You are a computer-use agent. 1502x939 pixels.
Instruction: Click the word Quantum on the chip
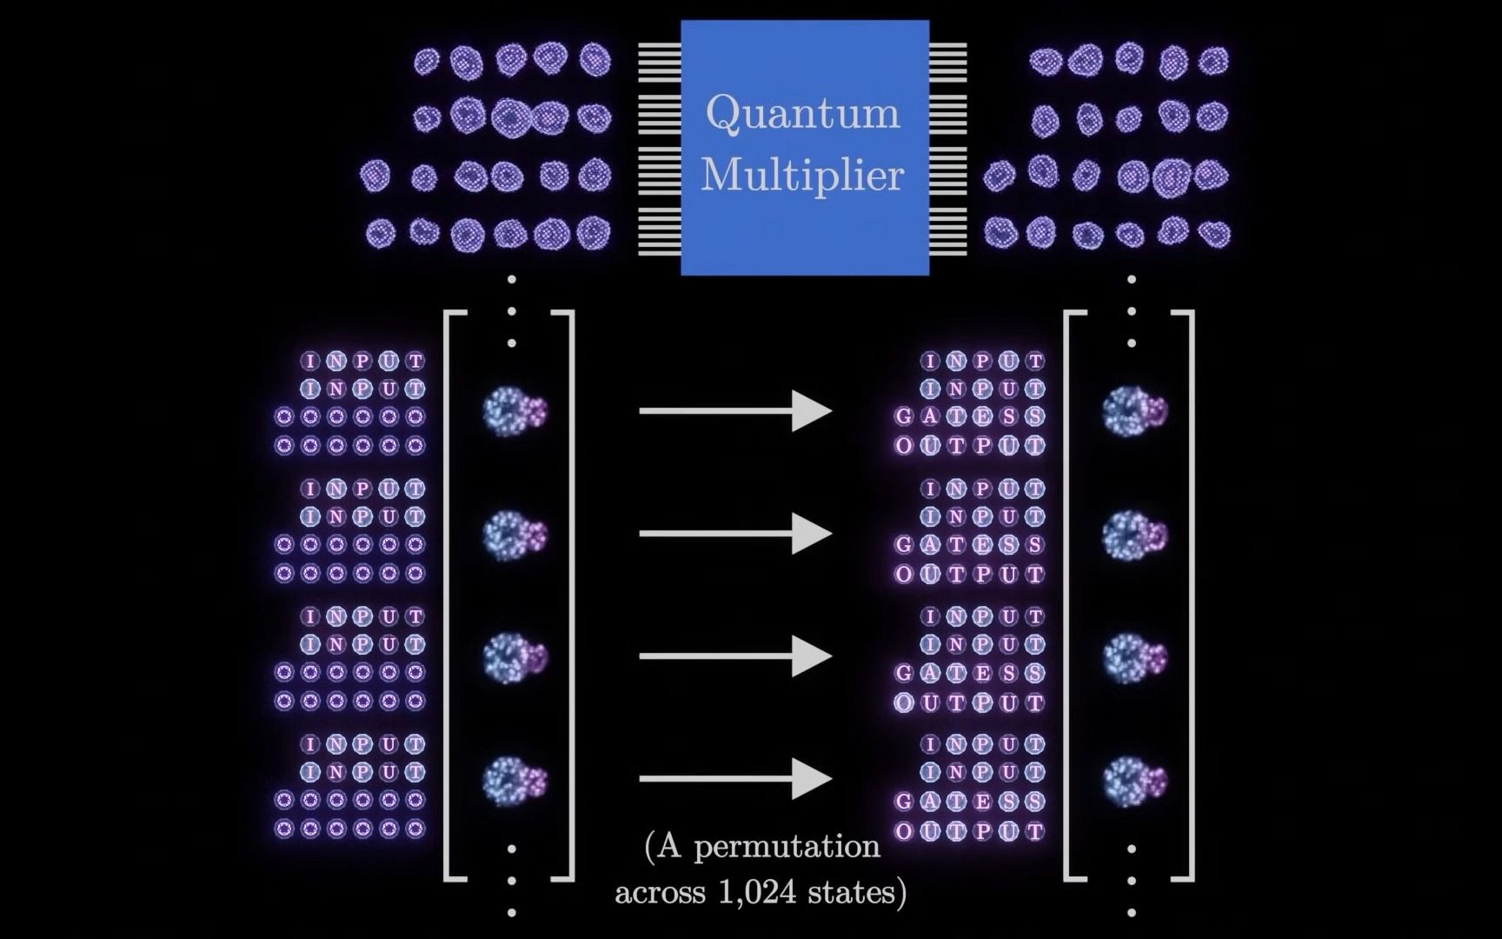click(x=802, y=113)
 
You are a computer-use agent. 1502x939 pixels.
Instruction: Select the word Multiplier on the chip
click(x=802, y=175)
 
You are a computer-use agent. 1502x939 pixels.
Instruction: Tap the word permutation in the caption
click(x=787, y=846)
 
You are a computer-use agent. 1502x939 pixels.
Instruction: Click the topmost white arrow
click(x=735, y=411)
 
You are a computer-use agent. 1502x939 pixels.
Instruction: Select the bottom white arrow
click(x=735, y=779)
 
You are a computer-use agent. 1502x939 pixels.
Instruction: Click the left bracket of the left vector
click(x=449, y=596)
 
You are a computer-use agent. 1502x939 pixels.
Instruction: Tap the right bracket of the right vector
click(x=1189, y=596)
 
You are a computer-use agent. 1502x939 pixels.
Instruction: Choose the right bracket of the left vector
click(x=570, y=596)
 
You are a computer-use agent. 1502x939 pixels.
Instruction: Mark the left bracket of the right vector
click(x=1069, y=596)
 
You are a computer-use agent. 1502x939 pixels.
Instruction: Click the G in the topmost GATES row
click(x=904, y=416)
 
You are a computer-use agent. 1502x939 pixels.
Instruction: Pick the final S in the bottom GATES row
click(x=1034, y=801)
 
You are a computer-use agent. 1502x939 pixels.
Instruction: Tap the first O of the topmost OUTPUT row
click(x=904, y=445)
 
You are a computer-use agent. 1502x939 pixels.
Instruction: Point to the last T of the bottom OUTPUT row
click(x=1034, y=830)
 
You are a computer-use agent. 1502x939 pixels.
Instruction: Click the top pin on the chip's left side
click(x=660, y=44)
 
